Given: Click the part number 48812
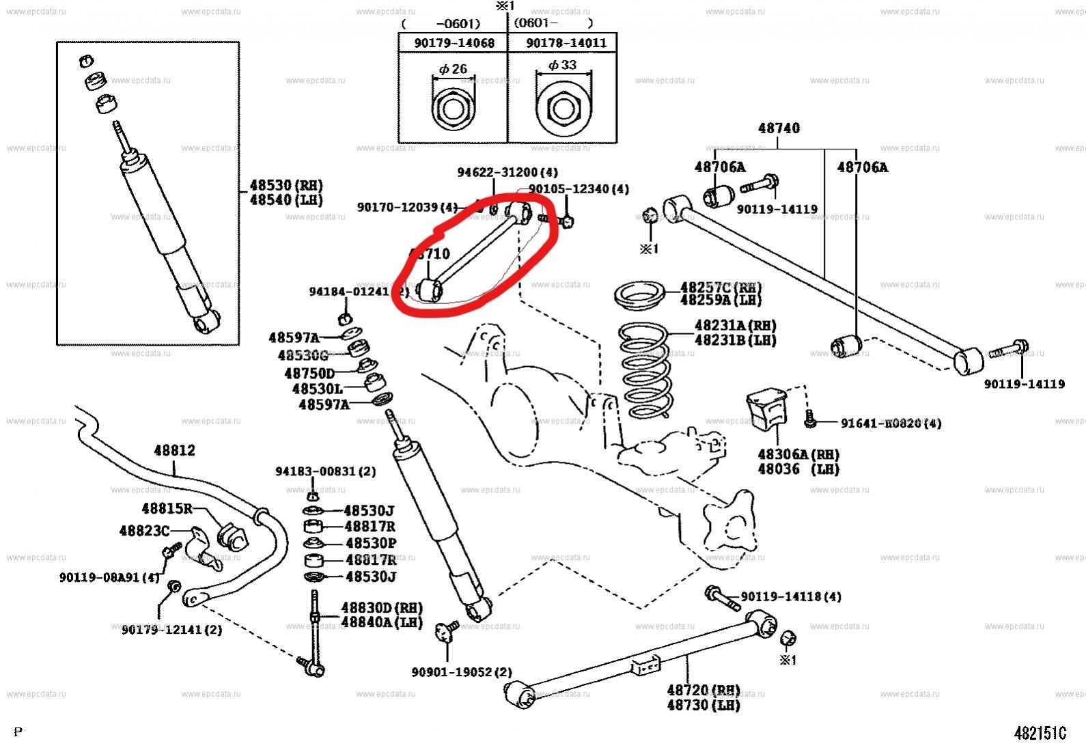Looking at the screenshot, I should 174,450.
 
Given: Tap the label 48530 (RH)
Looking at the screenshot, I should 286,185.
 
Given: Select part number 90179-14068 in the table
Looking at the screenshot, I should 454,43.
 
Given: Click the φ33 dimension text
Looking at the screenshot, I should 562,65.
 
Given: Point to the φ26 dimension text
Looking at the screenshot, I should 453,68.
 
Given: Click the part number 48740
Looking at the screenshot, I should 779,128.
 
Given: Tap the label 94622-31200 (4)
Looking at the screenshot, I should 507,172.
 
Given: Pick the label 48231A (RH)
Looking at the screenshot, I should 735,326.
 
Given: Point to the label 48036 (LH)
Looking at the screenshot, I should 798,469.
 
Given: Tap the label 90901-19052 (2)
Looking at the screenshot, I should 461,672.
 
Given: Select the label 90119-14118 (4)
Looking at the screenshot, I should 791,596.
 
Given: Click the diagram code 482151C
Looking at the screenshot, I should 1040,733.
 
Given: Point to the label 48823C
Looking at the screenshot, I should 143,531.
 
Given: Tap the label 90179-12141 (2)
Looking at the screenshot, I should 171,629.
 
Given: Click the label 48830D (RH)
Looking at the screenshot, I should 381,607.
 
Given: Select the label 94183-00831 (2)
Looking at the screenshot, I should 325,471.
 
